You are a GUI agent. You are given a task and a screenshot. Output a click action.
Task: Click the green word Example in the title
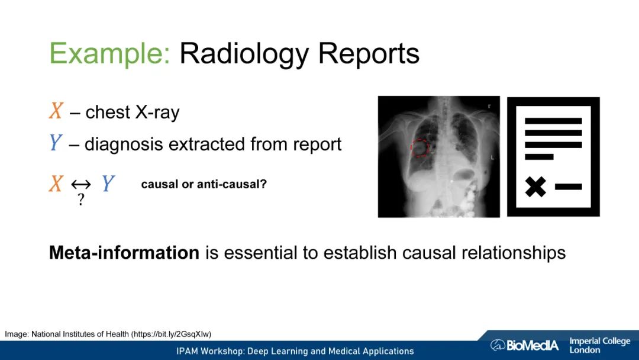click(x=109, y=54)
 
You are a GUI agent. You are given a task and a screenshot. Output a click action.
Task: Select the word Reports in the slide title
click(x=369, y=54)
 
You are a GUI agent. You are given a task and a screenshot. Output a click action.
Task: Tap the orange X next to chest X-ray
click(x=56, y=111)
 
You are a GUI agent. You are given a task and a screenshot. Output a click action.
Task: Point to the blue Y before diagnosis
click(x=56, y=143)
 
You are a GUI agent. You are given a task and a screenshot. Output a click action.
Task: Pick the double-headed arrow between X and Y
click(x=80, y=185)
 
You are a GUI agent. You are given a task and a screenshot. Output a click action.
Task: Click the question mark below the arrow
click(x=81, y=200)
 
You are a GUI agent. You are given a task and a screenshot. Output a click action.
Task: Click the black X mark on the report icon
click(x=535, y=187)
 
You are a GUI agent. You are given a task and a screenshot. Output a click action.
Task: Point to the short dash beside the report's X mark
click(x=568, y=187)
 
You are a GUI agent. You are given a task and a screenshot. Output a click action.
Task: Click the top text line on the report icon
click(x=553, y=121)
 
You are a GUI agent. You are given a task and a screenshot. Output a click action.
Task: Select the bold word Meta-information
click(x=124, y=253)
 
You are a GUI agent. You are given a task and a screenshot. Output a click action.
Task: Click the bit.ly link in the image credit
click(x=171, y=335)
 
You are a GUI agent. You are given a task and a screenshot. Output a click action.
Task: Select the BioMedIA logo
click(x=524, y=345)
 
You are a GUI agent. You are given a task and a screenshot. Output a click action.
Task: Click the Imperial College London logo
click(x=599, y=345)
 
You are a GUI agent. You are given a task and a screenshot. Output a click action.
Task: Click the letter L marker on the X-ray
click(x=492, y=157)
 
